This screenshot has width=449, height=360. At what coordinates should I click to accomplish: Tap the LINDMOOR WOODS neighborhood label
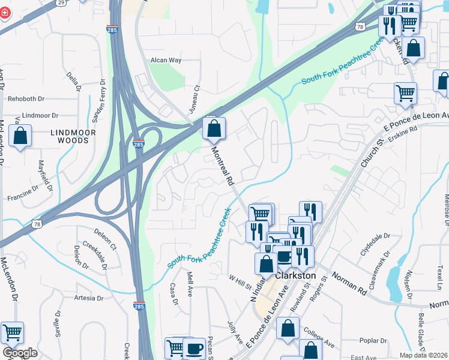pyautogui.click(x=70, y=136)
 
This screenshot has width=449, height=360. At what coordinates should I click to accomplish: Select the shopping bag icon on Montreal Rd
pyautogui.click(x=214, y=128)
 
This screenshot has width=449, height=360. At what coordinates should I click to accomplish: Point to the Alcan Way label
pyautogui.click(x=166, y=61)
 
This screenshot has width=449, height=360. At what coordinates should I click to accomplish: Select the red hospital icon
pyautogui.click(x=4, y=13)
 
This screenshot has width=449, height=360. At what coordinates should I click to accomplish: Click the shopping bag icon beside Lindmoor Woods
pyautogui.click(x=20, y=136)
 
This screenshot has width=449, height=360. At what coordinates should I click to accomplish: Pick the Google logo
pyautogui.click(x=20, y=353)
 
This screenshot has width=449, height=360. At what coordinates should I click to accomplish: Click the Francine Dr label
pyautogui.click(x=23, y=197)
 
